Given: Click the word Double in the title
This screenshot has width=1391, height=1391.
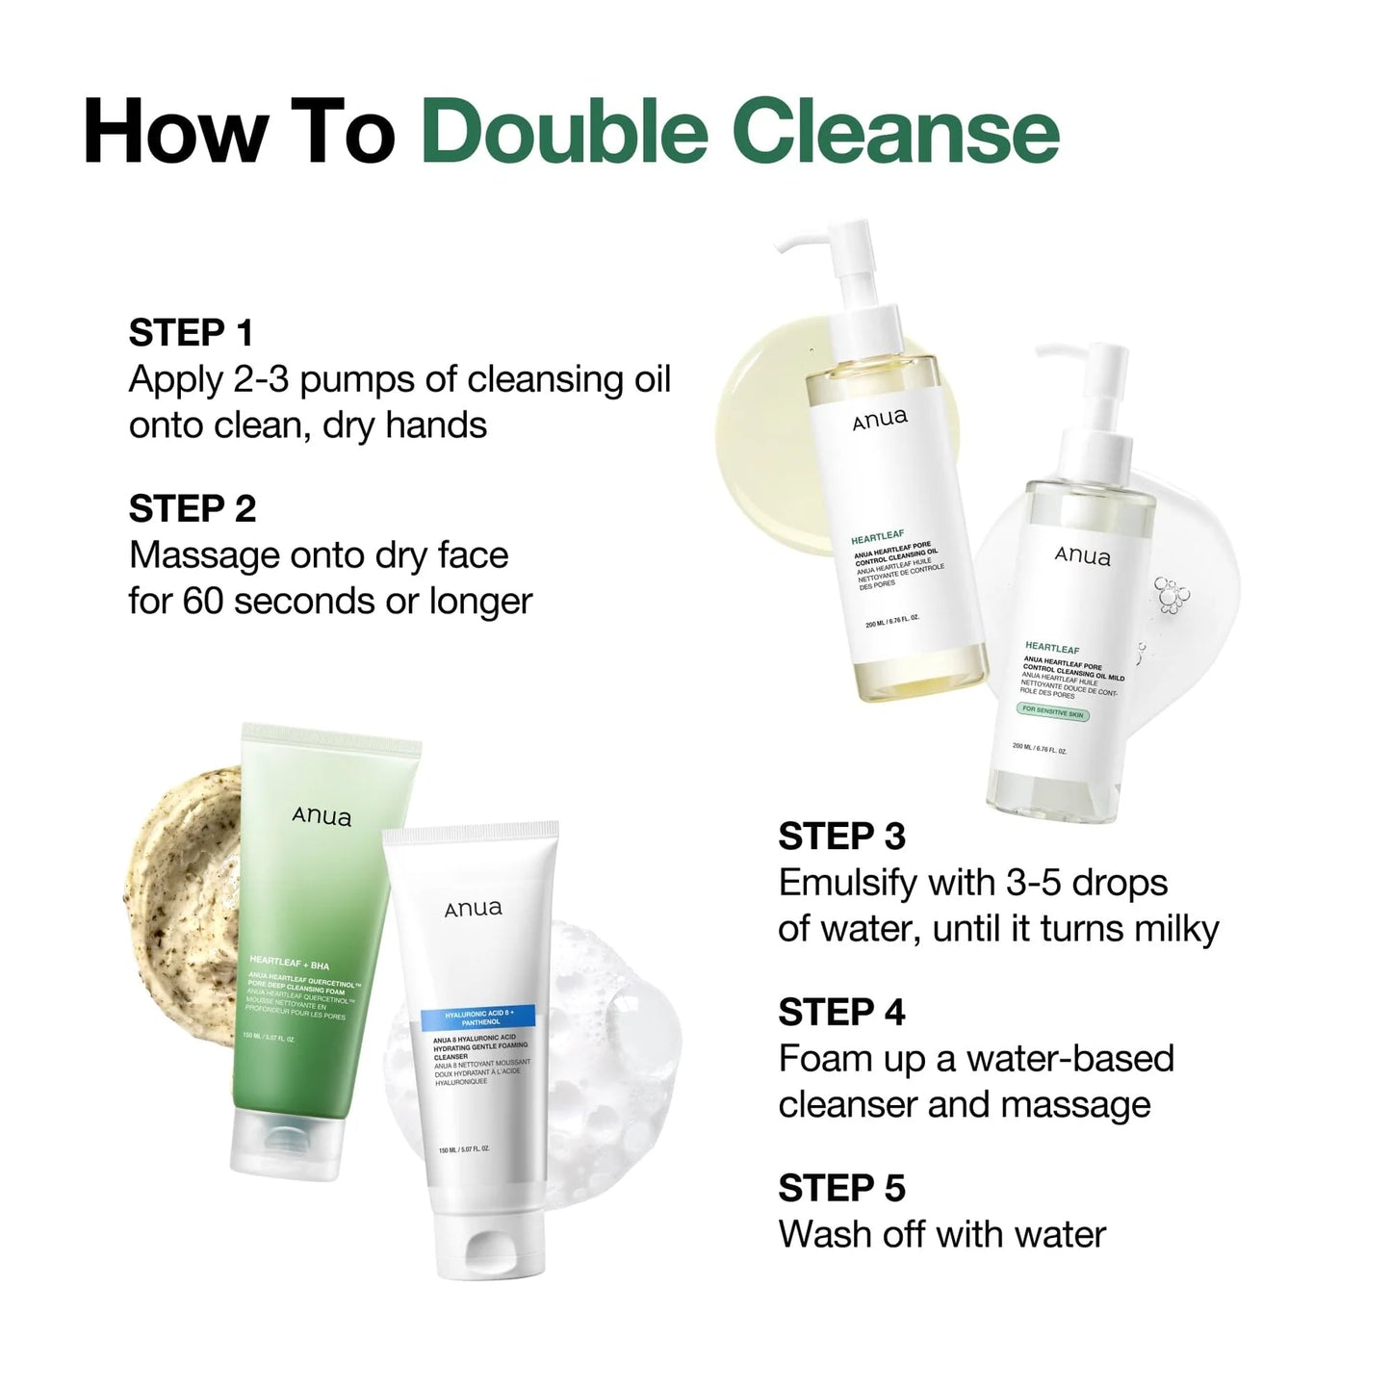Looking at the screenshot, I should pos(565,132).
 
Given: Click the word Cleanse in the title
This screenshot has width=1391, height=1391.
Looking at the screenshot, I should pos(896,132).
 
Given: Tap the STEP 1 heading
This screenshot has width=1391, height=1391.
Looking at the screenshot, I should pos(191,333).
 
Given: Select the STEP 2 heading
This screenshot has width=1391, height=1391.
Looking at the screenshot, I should pos(193,509).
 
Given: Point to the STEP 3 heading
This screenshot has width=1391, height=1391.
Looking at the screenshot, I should pos(841,837).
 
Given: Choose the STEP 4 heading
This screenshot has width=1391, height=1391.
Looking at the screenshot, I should pos(841,1013).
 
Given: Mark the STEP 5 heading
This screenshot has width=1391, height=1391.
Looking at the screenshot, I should pos(841,1189).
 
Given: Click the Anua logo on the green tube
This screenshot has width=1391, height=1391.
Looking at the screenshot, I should pos(322,817).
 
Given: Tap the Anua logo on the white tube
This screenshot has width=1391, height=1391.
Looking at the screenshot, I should pos(473,909).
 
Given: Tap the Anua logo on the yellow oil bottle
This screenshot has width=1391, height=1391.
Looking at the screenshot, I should pos(879,419).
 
